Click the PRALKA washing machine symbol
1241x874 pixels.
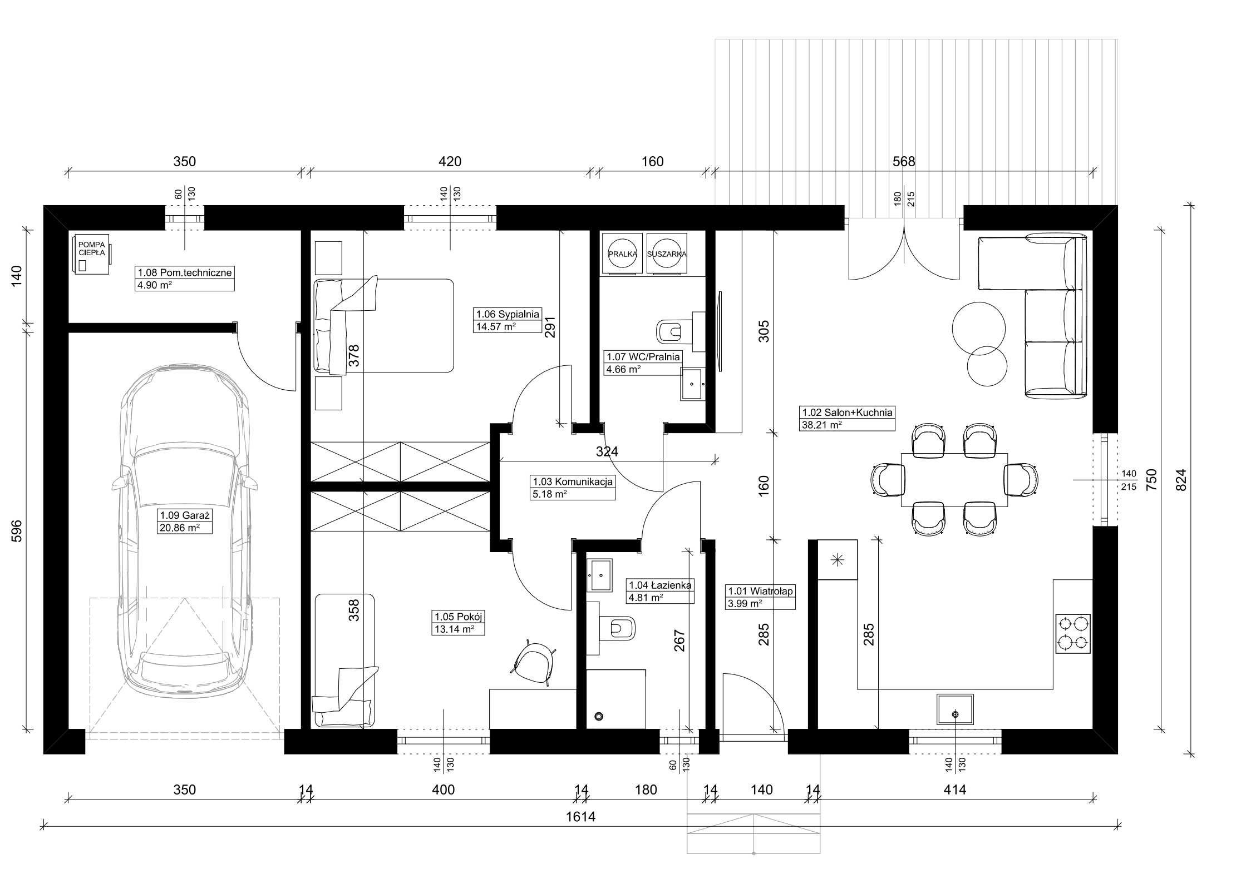point(622,254)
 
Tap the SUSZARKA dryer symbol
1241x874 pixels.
point(667,254)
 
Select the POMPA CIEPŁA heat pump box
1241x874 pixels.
point(92,254)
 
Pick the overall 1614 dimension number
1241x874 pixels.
point(581,817)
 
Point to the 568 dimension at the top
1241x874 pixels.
point(904,162)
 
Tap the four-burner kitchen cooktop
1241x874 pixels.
point(1072,633)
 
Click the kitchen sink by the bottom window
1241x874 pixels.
point(955,709)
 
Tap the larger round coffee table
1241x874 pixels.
point(978,328)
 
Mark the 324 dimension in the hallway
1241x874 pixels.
point(607,452)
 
